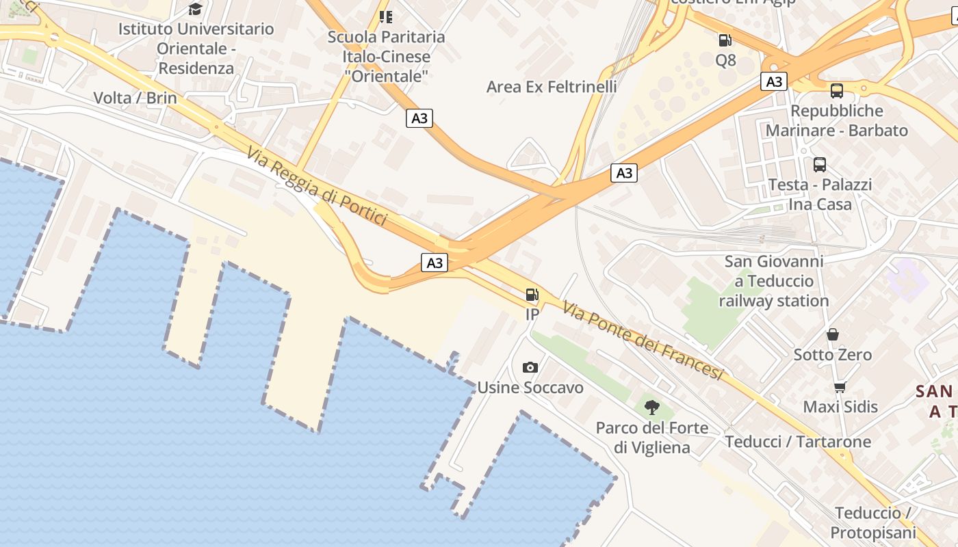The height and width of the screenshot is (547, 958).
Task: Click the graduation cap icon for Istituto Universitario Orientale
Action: pyautogui.click(x=196, y=9)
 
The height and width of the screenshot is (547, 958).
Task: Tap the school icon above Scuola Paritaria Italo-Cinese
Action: pyautogui.click(x=386, y=16)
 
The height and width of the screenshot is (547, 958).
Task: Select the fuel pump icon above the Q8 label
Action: pyautogui.click(x=725, y=40)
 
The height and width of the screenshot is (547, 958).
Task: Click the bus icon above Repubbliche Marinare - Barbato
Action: pyautogui.click(x=836, y=90)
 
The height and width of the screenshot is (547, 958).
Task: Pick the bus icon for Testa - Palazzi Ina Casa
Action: pyautogui.click(x=820, y=164)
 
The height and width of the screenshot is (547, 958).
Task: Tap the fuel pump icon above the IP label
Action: pyautogui.click(x=532, y=295)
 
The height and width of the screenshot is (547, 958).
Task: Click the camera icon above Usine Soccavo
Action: pyautogui.click(x=530, y=367)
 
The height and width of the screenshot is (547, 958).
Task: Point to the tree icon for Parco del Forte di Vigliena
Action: pyautogui.click(x=652, y=408)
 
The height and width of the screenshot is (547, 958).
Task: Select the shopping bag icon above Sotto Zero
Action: pyautogui.click(x=833, y=334)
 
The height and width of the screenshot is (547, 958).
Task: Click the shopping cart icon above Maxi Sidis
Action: pyautogui.click(x=840, y=387)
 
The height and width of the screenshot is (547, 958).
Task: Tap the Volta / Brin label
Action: pyautogui.click(x=135, y=98)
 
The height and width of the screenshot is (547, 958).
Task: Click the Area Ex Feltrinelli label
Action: pyautogui.click(x=552, y=87)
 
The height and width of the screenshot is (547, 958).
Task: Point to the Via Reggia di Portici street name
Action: pyautogui.click(x=317, y=186)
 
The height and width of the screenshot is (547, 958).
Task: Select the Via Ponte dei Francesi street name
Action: pyautogui.click(x=643, y=341)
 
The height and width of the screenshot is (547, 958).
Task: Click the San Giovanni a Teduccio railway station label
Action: pyautogui.click(x=774, y=281)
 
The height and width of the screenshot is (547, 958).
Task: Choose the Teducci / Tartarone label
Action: pyautogui.click(x=798, y=442)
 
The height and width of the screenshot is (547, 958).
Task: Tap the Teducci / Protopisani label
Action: pyautogui.click(x=872, y=523)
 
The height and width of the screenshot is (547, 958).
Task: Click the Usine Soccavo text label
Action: pyautogui.click(x=530, y=388)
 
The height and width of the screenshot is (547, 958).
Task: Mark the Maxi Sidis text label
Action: pyautogui.click(x=840, y=407)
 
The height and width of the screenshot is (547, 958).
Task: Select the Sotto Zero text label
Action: pyautogui.click(x=833, y=355)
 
